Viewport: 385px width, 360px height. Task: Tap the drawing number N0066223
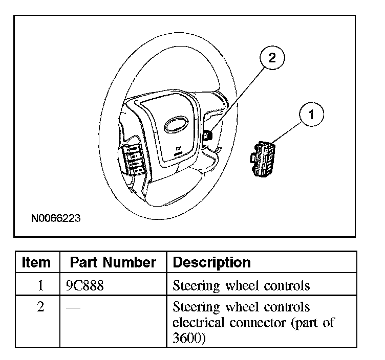tap(56, 218)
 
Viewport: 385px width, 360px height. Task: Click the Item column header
tap(37, 262)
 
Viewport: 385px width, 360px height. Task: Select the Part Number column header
tap(113, 262)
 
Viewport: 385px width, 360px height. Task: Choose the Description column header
tap(212, 262)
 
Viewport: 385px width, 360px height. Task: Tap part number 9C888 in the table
tap(85, 285)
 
